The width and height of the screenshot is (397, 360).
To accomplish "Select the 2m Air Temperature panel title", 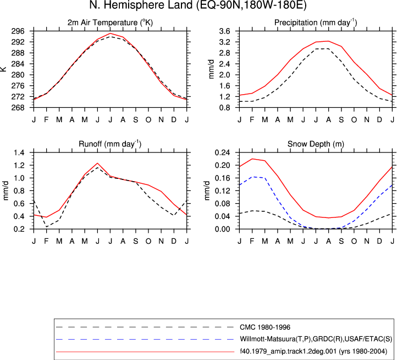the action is [x=110, y=23].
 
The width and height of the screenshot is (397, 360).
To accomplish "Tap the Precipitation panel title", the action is [x=316, y=23].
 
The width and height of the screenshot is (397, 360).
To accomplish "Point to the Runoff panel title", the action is [x=110, y=144].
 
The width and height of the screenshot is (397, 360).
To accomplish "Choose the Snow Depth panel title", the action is [x=316, y=144].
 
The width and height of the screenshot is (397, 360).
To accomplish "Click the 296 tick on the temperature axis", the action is [x=18, y=31].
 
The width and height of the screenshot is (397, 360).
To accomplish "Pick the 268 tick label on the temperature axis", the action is [x=18, y=108].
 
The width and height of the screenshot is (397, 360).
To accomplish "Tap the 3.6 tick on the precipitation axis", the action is [x=224, y=31].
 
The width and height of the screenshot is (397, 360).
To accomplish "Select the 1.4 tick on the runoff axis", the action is [x=19, y=152].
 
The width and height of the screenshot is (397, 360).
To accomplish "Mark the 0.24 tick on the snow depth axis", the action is [x=222, y=152].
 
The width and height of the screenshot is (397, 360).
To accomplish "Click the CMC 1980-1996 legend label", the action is [x=265, y=328].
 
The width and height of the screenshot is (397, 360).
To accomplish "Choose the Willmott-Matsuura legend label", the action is [x=316, y=339].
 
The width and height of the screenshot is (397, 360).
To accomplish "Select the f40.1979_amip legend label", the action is [x=313, y=351].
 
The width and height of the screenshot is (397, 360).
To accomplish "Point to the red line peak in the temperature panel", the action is [x=110, y=33].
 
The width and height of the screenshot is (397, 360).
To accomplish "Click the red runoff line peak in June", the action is [x=97, y=163].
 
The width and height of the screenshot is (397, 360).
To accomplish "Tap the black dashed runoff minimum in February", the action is [x=47, y=227].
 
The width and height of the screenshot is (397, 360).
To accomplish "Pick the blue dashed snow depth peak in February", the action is [x=253, y=177].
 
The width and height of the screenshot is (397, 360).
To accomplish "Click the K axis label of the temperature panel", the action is [x=3, y=69].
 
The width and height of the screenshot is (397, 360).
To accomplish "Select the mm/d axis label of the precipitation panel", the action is [x=211, y=69].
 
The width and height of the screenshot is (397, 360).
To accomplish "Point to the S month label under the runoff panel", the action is [x=136, y=241].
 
